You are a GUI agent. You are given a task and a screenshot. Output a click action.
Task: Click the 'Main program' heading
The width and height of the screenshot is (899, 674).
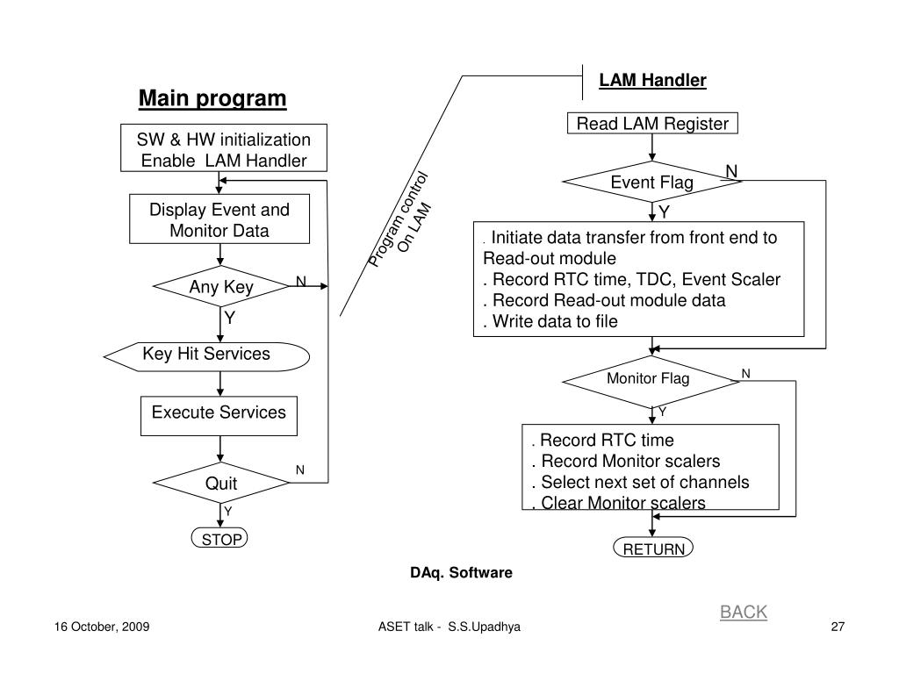coord(212,98)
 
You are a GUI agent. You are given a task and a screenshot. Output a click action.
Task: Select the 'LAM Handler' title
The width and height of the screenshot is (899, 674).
coord(652,80)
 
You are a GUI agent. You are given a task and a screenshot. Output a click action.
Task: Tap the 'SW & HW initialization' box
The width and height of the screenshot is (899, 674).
coord(224,147)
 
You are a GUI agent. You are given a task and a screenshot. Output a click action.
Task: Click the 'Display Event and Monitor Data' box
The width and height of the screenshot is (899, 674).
coord(219,219)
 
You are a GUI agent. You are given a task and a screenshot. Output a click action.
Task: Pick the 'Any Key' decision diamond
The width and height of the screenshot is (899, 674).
coord(221,286)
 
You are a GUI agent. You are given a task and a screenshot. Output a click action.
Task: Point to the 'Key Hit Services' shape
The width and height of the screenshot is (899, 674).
coord(206,356)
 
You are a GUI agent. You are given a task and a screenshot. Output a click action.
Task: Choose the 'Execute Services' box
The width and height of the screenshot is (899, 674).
coord(219,415)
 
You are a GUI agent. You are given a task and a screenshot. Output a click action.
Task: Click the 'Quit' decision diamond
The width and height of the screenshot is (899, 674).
coord(221,483)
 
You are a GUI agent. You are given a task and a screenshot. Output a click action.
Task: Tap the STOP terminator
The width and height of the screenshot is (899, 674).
coord(219,538)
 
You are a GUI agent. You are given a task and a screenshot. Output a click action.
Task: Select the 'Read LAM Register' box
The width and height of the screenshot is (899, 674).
coord(652,123)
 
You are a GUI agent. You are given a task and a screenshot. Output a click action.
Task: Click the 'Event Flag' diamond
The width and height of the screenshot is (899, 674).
coord(652,182)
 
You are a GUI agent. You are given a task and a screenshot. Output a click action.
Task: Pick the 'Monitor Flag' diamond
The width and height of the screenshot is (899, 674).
coord(651,382)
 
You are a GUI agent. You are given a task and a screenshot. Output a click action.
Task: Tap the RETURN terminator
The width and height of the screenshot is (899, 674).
coord(653,548)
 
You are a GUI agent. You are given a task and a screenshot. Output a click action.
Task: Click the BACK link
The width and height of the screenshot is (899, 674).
coord(743,612)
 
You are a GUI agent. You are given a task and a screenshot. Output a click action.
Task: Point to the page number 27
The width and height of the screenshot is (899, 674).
coord(838,627)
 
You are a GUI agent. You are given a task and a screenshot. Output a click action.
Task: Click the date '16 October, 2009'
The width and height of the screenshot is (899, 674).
coord(102,627)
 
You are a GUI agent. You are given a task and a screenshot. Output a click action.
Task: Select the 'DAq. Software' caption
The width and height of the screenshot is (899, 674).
coord(461,572)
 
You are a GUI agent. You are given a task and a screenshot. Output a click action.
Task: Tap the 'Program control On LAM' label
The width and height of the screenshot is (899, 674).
coord(400,220)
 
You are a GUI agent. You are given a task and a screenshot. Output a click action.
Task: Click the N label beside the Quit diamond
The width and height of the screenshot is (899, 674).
coord(300,470)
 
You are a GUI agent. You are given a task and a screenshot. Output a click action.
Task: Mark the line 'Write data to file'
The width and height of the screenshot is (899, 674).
coord(550,321)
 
